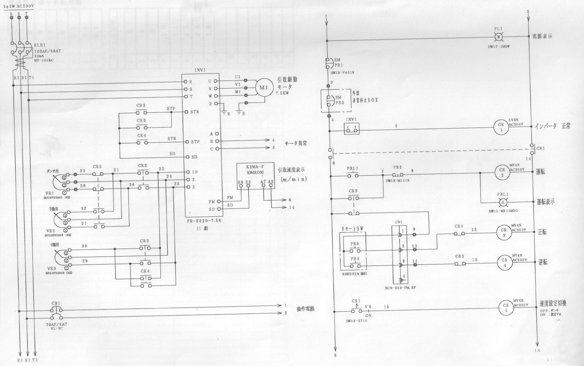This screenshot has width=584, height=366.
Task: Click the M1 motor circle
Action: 264,88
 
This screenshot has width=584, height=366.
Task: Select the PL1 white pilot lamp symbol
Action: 498,36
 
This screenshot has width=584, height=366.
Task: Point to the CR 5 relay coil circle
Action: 506,308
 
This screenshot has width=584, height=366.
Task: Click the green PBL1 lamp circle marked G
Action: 503,203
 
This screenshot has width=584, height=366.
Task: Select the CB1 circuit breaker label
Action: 56,303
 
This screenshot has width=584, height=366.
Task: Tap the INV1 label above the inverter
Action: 200,71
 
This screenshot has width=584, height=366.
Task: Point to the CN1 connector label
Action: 399,222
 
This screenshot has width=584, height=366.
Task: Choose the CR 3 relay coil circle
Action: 504,232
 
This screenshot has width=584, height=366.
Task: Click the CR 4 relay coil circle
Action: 504,263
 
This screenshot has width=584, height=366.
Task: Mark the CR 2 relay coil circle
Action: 502,172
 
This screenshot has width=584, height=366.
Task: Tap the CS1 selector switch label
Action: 356,301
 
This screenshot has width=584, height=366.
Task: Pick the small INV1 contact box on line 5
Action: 352,129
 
